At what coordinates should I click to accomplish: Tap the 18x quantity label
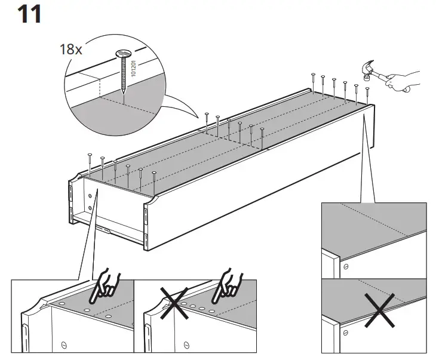(x=70, y=50)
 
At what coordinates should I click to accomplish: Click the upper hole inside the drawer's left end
(x=90, y=193)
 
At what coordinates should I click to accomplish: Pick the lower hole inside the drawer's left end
(x=90, y=207)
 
